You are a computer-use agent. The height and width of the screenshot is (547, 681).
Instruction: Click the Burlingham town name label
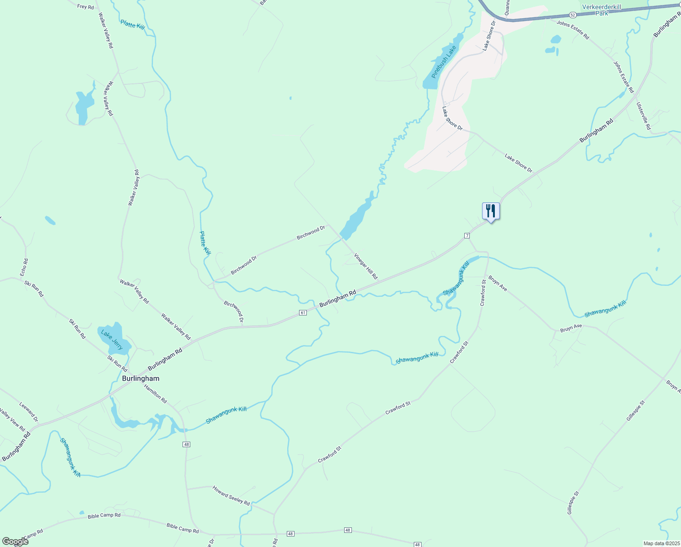coord(141,378)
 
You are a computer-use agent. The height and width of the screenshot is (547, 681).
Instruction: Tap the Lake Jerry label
coord(112,340)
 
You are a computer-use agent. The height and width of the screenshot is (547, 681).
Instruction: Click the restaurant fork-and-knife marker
coord(491,211)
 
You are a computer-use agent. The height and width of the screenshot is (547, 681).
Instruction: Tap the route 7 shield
coord(467,235)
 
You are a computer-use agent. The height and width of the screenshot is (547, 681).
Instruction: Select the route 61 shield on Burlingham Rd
coord(303,312)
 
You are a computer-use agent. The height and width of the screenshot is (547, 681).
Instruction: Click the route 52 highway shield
coord(572,15)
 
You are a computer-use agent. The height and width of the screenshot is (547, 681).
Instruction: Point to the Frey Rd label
coord(86,6)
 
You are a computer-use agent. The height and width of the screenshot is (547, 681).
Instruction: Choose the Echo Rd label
coord(24,268)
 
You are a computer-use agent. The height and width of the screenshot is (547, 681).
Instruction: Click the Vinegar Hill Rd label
coord(366,266)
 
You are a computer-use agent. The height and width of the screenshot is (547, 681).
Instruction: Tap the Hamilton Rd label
coord(156,393)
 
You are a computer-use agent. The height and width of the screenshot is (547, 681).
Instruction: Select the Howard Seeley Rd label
coord(231,495)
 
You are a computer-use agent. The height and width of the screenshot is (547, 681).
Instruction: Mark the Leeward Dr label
coord(29,412)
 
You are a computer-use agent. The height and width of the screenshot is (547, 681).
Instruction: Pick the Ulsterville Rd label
coord(644,116)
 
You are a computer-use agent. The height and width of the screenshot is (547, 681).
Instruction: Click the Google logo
coord(15,542)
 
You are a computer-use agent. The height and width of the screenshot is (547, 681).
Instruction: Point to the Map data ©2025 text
coord(661,543)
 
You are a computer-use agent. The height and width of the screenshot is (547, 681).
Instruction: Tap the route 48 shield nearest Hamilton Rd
coord(186,444)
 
